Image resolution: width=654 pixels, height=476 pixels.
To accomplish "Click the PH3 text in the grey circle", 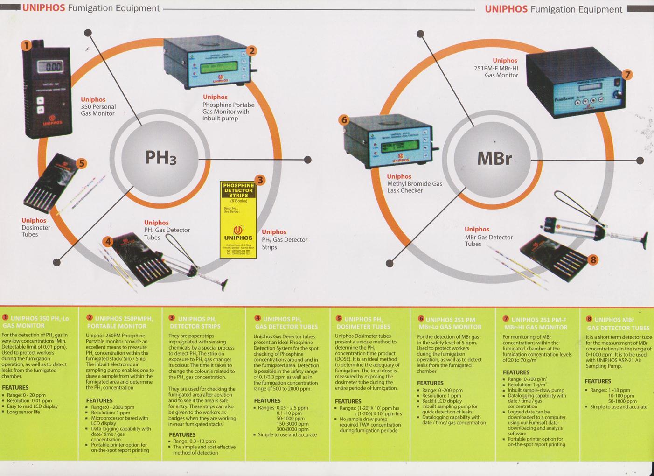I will point(160,158).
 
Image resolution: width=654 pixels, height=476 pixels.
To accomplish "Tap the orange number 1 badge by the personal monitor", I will point(27,45).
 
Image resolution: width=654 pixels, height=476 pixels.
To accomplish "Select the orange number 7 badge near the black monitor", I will point(627,75).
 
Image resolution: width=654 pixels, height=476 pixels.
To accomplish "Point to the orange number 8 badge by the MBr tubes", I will point(593,260).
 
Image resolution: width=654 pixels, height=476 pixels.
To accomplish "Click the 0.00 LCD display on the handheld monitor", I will point(51,66).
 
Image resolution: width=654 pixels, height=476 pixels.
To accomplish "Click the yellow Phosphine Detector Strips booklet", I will point(238,219).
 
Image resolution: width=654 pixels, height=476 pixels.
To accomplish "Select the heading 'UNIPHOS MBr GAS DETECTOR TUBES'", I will point(618,324).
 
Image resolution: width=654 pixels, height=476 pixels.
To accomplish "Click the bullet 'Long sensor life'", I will point(23,412).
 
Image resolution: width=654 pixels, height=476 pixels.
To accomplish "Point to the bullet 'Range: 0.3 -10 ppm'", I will point(194,441).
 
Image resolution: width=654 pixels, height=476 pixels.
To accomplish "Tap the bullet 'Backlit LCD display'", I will point(442,401).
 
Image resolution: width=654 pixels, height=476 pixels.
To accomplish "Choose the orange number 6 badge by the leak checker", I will point(344,120).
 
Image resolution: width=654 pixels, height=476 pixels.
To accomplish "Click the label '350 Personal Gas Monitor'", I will point(98,110).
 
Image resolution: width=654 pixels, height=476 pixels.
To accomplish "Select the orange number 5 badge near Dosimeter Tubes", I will point(82,163).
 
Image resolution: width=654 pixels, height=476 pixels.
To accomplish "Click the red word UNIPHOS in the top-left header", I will point(43,8).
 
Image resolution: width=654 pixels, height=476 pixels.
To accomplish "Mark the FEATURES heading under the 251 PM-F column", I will point(516,372).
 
